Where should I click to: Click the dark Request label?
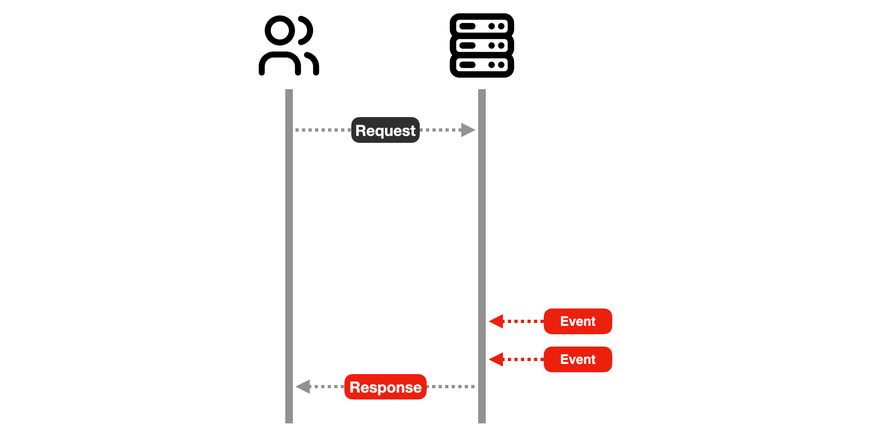385,130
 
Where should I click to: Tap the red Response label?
385,387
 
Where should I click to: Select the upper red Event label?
578,321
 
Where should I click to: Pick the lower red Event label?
578,359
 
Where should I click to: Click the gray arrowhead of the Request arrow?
468,130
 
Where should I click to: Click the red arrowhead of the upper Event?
496,321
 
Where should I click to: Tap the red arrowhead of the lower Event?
496,359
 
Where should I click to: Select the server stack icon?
482,45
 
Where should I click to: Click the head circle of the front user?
279,30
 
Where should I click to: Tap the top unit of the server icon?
482,26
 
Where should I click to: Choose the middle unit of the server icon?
482,45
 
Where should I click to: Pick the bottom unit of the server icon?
482,65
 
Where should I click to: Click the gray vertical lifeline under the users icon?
289,256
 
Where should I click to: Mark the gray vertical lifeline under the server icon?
482,256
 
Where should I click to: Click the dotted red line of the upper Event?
523,321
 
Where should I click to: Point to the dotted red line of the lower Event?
523,359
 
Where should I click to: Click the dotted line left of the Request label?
323,130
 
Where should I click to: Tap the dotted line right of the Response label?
451,387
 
